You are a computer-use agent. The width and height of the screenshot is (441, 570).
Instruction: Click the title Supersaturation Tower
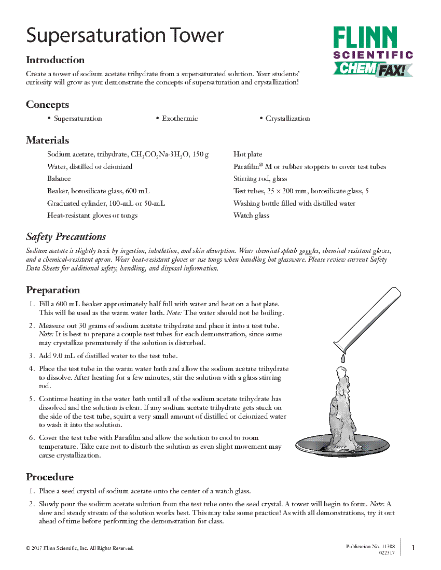(125, 35)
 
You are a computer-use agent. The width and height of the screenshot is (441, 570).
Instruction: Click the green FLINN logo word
(365, 38)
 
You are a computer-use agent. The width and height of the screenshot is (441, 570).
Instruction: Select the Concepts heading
(47, 105)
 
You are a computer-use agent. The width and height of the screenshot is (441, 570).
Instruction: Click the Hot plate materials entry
(247, 154)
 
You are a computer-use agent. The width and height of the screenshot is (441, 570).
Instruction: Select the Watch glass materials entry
(251, 216)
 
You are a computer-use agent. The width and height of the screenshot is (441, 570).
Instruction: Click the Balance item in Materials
(59, 179)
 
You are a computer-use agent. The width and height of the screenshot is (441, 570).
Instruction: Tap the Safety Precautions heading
(66, 237)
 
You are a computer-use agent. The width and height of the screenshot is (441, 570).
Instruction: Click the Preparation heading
(53, 290)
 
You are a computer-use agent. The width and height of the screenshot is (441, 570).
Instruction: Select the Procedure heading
(50, 477)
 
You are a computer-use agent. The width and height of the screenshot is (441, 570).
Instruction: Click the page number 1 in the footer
(413, 548)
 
